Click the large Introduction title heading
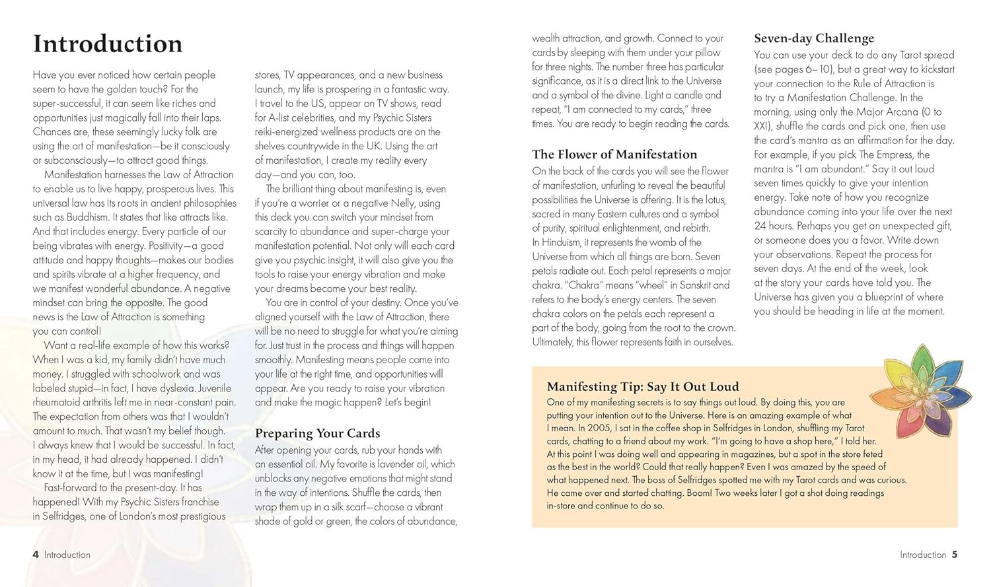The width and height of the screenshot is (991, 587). click(108, 44)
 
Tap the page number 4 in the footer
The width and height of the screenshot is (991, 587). click(36, 555)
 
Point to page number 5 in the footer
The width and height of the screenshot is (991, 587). click(955, 555)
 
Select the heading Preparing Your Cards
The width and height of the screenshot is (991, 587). click(317, 433)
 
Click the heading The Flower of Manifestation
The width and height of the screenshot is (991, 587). click(614, 155)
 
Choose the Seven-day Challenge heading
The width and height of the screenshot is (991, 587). click(814, 38)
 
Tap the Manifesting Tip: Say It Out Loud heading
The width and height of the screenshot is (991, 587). click(643, 387)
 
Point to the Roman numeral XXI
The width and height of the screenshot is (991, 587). click(762, 126)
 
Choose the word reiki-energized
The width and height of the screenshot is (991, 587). click(290, 132)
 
